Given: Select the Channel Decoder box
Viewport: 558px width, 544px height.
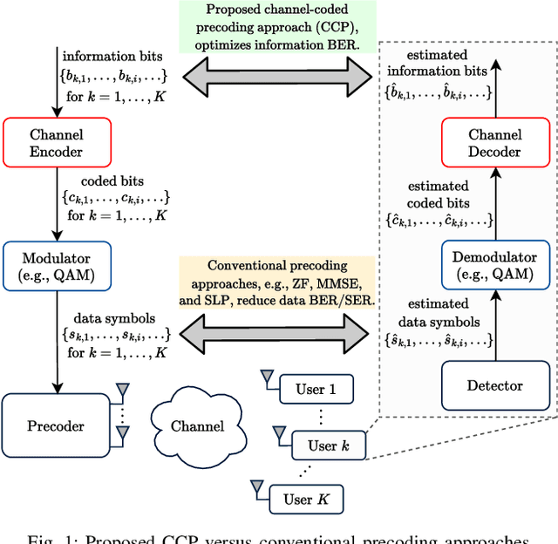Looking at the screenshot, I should pos(494,142).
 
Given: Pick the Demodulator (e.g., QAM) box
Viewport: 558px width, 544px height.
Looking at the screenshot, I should pos(494,267).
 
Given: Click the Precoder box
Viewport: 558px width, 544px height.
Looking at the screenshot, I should pos(56,425).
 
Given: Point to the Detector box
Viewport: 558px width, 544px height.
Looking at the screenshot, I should pos(494,385).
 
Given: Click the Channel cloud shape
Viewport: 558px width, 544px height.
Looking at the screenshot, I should pos(196,425).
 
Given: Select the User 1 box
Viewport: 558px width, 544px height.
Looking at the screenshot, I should pos(315,390).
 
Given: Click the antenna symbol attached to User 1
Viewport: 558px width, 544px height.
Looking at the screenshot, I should pos(266,377).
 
